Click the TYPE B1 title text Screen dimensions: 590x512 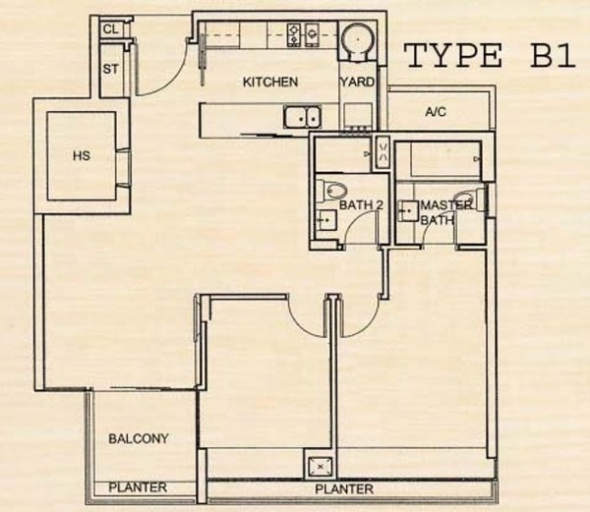point(489,55)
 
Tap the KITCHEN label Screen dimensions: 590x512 point(270,82)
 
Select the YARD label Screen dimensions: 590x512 point(358,82)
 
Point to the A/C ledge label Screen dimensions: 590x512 point(436,112)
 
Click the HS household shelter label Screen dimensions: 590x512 point(82,155)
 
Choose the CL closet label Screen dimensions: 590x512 point(110,29)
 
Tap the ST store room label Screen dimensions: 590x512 point(110,69)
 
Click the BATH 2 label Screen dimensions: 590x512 point(361,205)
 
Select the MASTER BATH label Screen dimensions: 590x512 point(445,212)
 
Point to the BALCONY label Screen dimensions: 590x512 point(139,438)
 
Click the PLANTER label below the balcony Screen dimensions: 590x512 point(138,487)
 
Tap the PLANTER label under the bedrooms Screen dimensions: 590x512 point(344,489)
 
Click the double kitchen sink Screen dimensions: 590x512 point(302,117)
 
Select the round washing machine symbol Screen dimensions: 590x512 point(358,39)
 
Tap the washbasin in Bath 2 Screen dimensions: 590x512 point(325,219)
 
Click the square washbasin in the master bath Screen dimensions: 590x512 point(408,211)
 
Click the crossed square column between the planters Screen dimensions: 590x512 point(321,467)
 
